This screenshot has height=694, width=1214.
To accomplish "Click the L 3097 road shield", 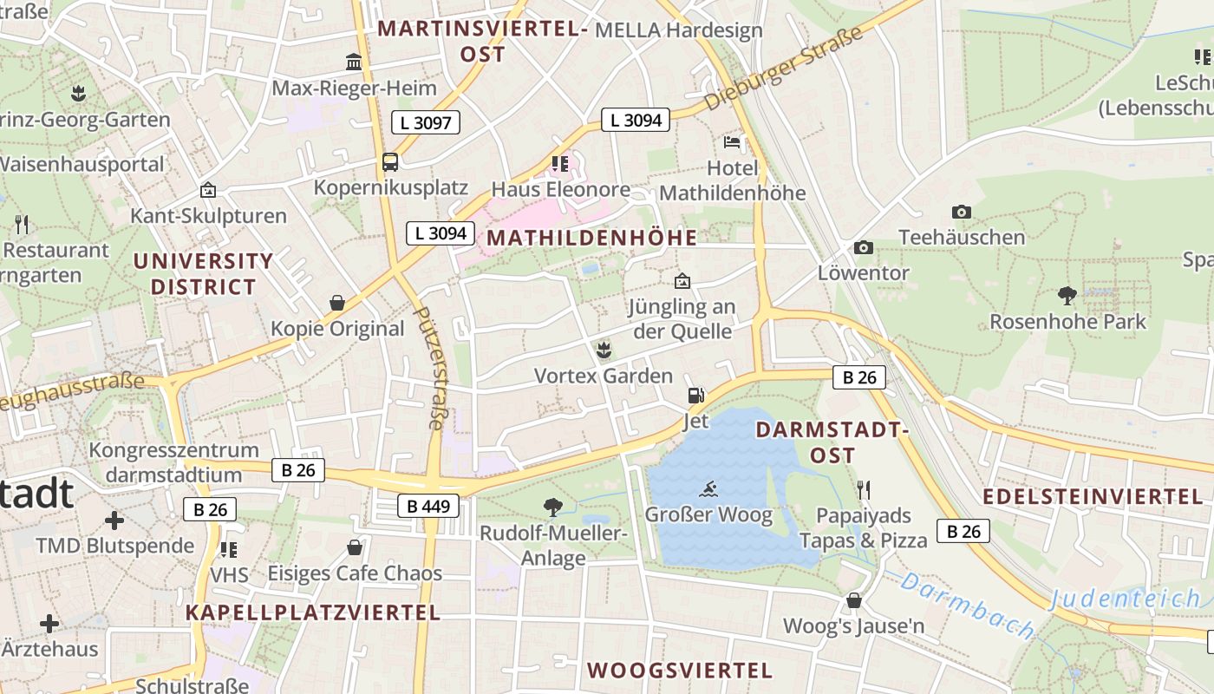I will pos(425,122).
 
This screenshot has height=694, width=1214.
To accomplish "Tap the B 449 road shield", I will pos(428,506).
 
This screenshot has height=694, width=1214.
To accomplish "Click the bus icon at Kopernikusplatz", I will pos(390,161).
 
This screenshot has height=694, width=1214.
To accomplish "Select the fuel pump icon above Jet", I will pos(695,396).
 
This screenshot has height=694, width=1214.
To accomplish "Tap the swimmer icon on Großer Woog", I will pos(708,488).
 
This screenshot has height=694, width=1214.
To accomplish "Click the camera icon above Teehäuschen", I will pos(961,212).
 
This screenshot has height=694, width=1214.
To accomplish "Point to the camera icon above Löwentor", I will pos(863,248).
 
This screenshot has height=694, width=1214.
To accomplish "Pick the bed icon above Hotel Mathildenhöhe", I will pos(733,141).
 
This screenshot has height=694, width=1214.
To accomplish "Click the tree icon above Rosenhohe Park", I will pos(1067,296).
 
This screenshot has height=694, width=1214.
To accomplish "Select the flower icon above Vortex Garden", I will pos(604,350).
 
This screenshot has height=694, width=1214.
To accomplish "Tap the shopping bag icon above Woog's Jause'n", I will pos(854,600).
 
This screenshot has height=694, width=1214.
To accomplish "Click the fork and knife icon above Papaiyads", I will pos(863,490).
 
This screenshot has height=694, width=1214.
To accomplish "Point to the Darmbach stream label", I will pos(968,604).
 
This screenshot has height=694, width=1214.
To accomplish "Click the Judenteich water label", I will pos(1126,599).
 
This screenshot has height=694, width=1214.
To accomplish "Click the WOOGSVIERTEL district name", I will pos(680,670).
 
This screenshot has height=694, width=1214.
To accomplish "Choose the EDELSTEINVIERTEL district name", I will pos(1093,496).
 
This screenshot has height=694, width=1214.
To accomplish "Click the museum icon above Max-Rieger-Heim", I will pos(354,62).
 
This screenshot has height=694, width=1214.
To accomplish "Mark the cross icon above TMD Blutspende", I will pos(114,520).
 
